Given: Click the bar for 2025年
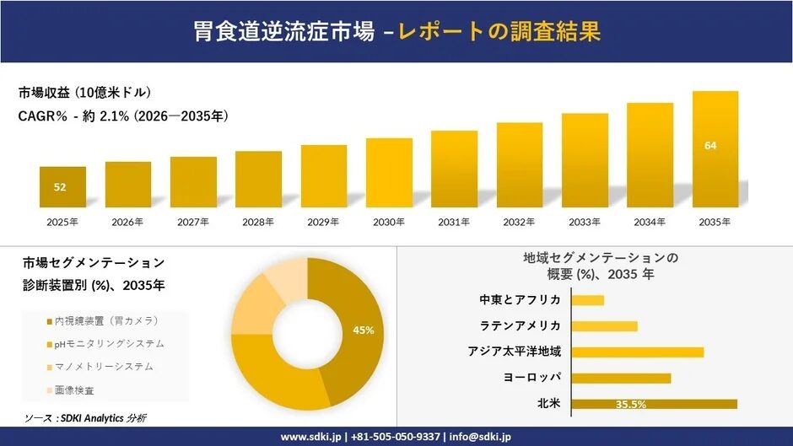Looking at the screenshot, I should (x=62, y=187).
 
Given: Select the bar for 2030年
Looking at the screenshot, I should (x=389, y=173).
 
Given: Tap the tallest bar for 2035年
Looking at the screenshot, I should (x=715, y=149).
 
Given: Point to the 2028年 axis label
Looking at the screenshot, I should (x=258, y=222).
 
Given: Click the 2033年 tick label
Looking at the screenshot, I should (x=585, y=222).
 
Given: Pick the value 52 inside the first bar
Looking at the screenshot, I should (x=60, y=187).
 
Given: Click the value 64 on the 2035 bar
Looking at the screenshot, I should (x=710, y=146).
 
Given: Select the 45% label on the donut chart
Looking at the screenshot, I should (x=364, y=330).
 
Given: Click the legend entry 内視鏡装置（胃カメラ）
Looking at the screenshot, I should (x=105, y=321).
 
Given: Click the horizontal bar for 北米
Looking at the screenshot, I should (x=654, y=404).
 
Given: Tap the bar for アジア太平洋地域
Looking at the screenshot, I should (x=637, y=352).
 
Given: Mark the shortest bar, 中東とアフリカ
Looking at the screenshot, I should (x=587, y=300).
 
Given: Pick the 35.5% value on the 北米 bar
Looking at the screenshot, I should (x=630, y=405).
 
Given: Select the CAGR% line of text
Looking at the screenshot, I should (x=123, y=116).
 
